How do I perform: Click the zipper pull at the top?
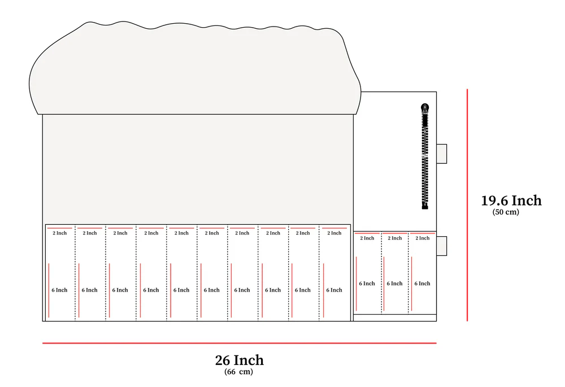coord(425,108)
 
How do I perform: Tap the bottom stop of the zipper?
coord(425,206)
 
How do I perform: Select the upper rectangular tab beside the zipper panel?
coord(442,154)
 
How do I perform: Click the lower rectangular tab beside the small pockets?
coord(442,246)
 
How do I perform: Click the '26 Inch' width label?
coord(239,360)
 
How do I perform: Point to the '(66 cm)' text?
coord(238,372)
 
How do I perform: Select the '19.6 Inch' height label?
coord(511,201)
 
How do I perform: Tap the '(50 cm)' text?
coord(506,212)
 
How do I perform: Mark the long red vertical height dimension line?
coord(467,205)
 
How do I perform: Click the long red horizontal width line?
coord(239,343)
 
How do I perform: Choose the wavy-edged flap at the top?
coord(194,68)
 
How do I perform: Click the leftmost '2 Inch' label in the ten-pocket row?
coord(60,233)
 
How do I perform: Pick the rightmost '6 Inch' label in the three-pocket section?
coord(422,284)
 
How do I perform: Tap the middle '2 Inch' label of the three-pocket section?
coord(395,238)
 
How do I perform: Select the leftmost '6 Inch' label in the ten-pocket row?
coord(59,290)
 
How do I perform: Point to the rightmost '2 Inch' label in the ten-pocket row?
coord(334,233)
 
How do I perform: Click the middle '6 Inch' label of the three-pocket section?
coord(394,284)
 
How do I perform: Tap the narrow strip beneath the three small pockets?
coord(395,318)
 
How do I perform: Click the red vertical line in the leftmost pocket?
coord(49,290)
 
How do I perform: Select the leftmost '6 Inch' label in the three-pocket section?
coord(367,284)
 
